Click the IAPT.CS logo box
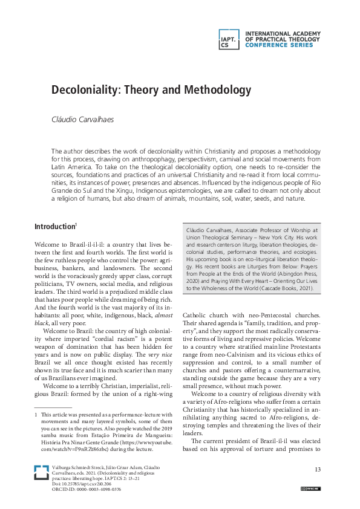click(229, 39)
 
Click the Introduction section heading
click(54, 210)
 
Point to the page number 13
click(318, 470)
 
